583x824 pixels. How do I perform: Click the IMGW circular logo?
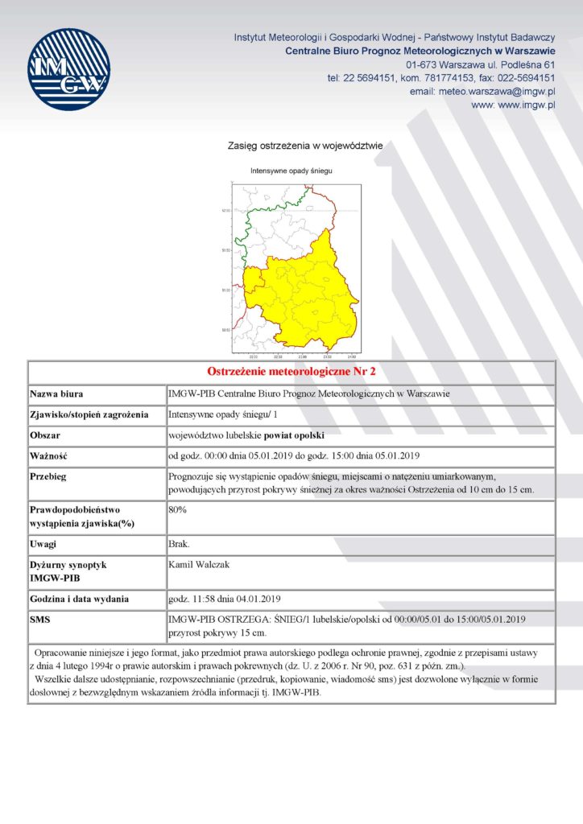68,69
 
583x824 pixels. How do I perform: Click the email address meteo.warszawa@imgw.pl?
496,92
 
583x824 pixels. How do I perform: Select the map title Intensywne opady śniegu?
291,171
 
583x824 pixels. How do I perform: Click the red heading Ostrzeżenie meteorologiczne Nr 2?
291,373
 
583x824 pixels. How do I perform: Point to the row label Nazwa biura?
57,394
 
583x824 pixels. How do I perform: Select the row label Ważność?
48,456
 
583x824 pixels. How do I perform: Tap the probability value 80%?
177,509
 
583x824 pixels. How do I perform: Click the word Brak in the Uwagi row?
179,545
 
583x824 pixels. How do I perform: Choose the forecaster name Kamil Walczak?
199,565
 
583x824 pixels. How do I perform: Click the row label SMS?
42,620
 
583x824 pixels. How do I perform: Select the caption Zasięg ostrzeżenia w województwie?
305,146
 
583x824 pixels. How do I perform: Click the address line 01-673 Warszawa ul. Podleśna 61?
481,64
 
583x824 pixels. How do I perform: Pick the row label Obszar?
47,436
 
